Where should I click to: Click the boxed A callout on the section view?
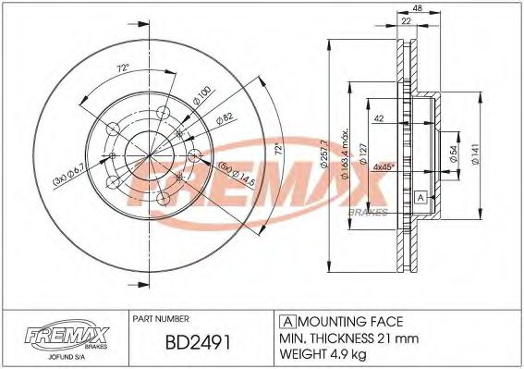[x=420, y=197]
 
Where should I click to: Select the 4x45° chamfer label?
[x=384, y=166]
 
